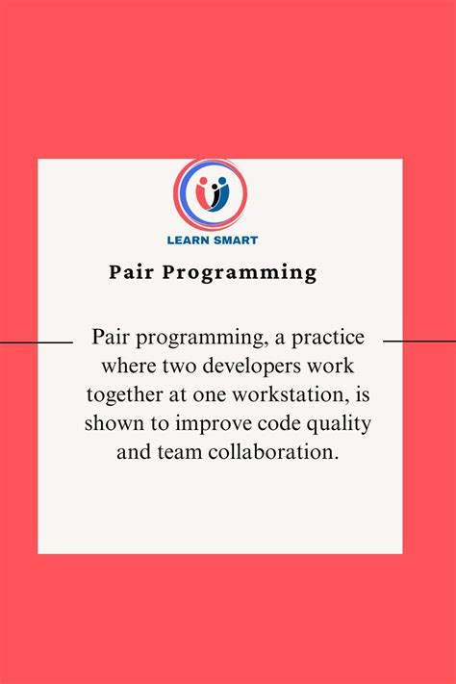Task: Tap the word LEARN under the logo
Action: click(189, 241)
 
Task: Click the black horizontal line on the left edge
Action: click(36, 341)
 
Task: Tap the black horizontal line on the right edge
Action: click(419, 341)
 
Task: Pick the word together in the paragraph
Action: click(124, 394)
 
